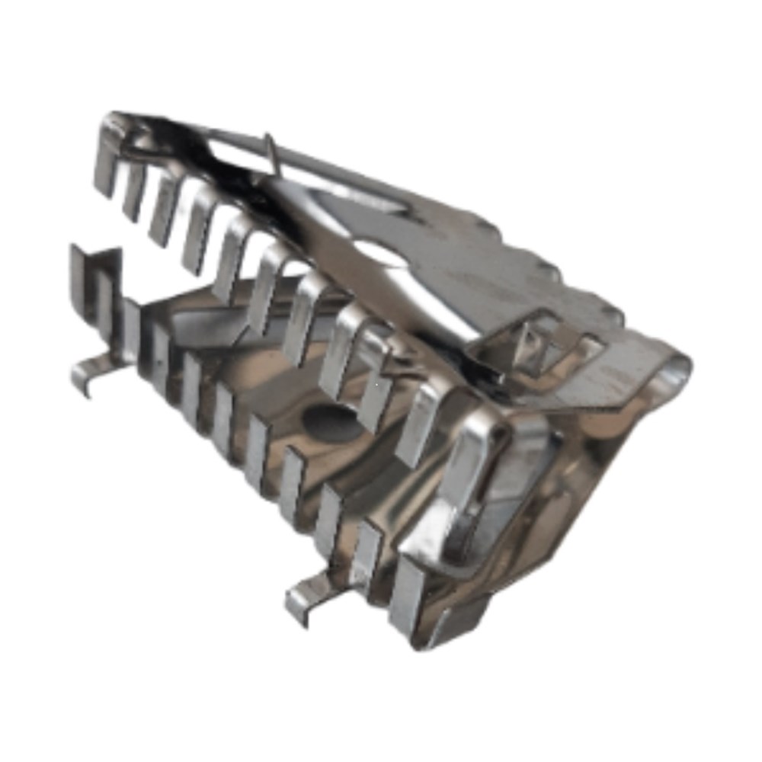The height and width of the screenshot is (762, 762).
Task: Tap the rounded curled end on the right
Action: coord(674,373)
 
